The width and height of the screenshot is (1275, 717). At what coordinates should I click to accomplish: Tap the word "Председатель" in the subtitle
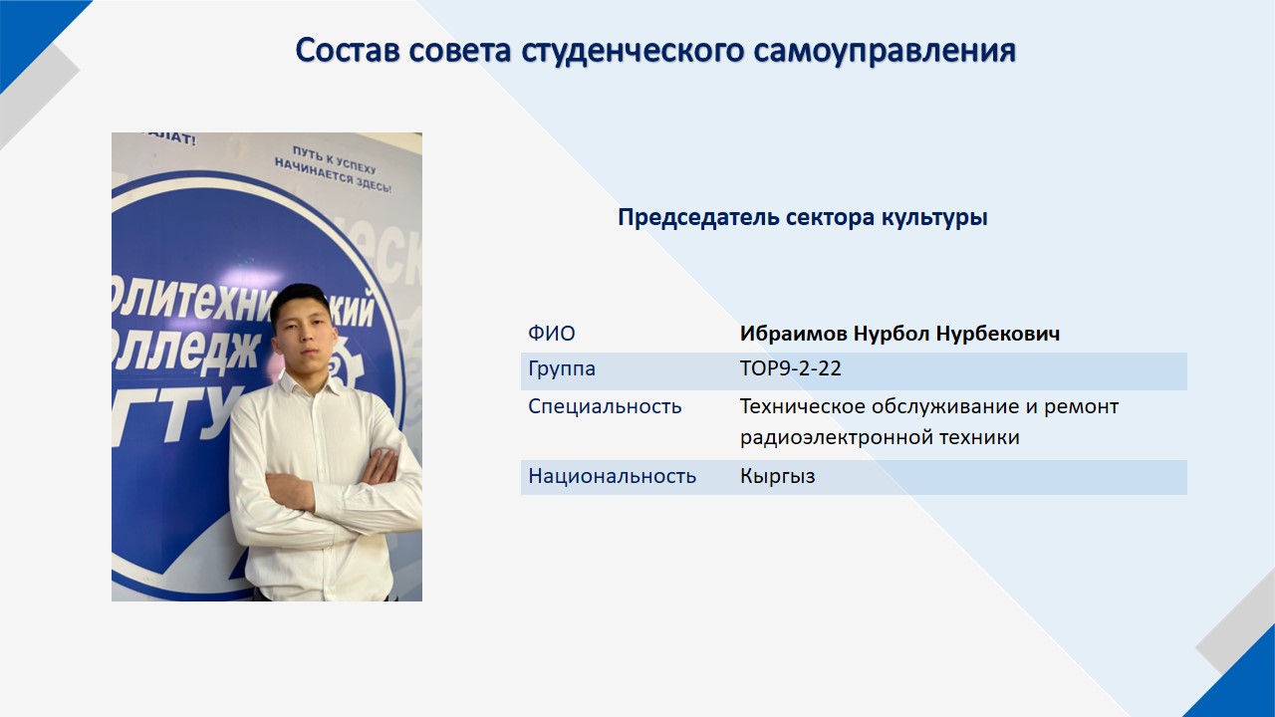[x=698, y=218]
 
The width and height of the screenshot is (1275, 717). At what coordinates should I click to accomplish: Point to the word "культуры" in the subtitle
[x=934, y=218]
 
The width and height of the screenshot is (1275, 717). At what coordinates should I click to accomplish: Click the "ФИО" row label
[x=552, y=334]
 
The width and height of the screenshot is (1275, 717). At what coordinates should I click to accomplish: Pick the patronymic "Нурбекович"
[x=998, y=334]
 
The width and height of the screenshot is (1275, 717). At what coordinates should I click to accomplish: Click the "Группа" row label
[x=562, y=369]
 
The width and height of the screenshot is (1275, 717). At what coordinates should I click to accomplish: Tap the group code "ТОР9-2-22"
[x=791, y=368]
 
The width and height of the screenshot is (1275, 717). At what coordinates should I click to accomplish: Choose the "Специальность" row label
[x=605, y=407]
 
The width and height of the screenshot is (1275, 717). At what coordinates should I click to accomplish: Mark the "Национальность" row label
[x=613, y=476]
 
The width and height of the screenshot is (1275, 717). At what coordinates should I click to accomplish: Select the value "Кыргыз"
[x=778, y=476]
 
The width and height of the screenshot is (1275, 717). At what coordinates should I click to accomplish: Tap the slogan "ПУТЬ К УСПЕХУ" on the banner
[x=334, y=159]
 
